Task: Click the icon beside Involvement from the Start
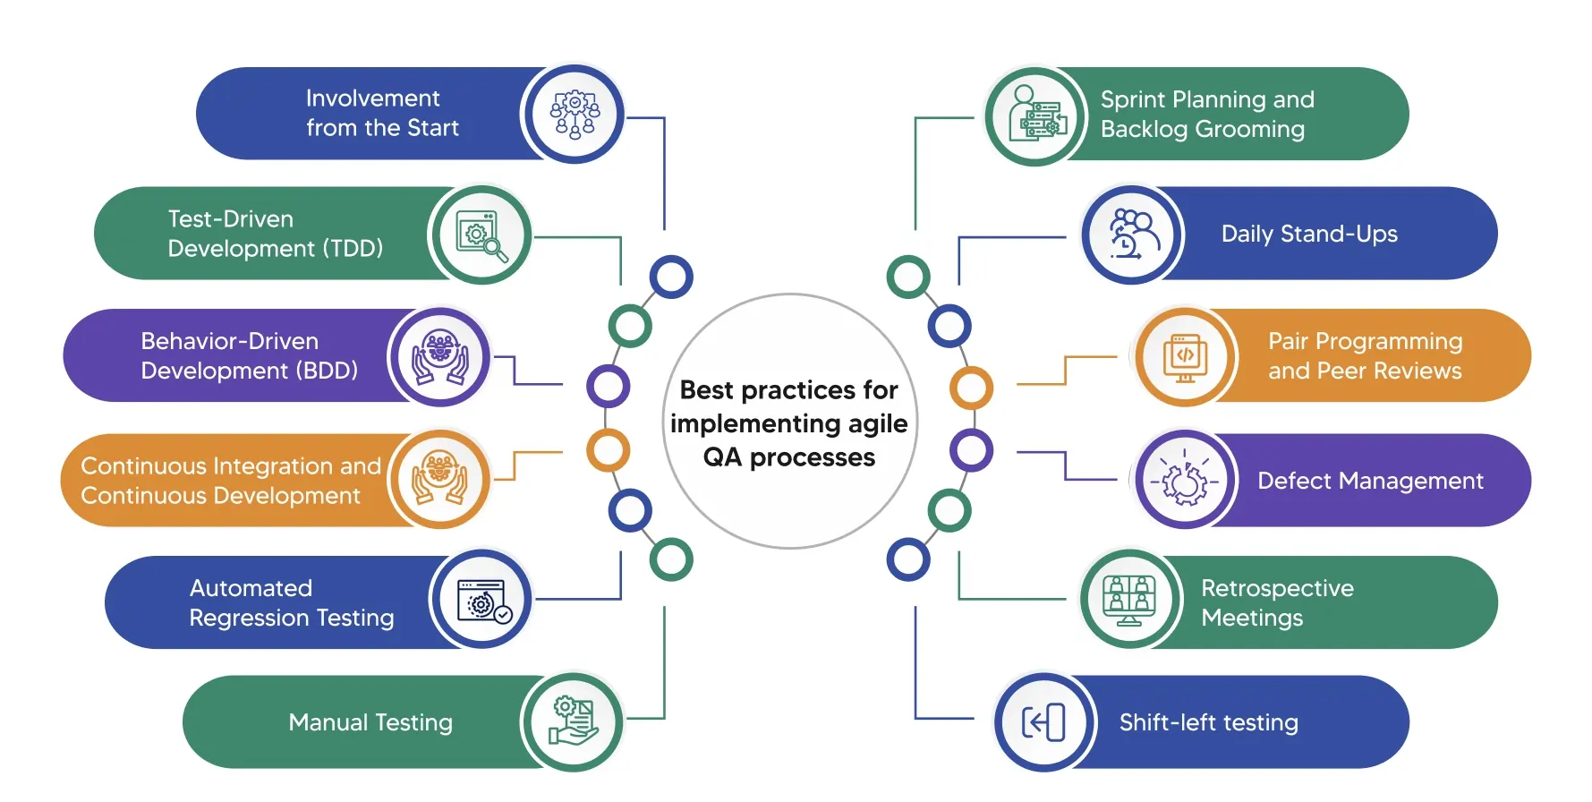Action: coord(574,115)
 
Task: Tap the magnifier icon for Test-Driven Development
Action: coord(481,236)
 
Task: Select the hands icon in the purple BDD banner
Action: coord(439,357)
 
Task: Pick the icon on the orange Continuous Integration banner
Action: coord(439,479)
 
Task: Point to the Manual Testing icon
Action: coord(573,721)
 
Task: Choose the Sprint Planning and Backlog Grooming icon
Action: coord(1036,116)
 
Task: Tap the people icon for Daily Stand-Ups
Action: coord(1133,235)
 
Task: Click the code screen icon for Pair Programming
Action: coord(1185,357)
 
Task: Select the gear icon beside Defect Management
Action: coord(1185,481)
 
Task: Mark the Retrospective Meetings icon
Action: coord(1129,600)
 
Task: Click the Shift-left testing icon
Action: coord(1044,721)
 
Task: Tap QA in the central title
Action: coord(722,457)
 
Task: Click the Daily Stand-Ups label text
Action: coord(1308,235)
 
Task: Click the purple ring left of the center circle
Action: coord(609,387)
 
